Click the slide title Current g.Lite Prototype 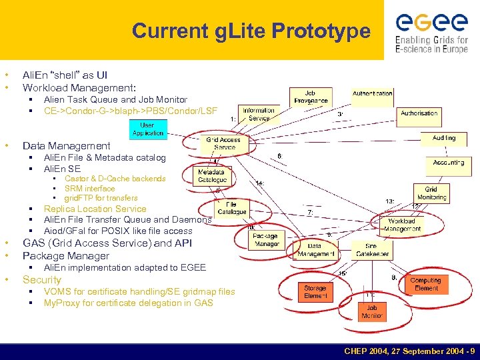251,31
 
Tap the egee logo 431,31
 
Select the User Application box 148,129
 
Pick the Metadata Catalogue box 213,175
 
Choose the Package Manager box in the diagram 265,239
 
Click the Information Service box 259,114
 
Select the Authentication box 372,94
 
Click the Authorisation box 419,113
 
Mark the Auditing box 444,137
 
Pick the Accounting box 449,162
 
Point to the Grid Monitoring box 431,193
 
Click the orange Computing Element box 425,285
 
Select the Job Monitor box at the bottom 371,312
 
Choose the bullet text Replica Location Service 95,209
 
